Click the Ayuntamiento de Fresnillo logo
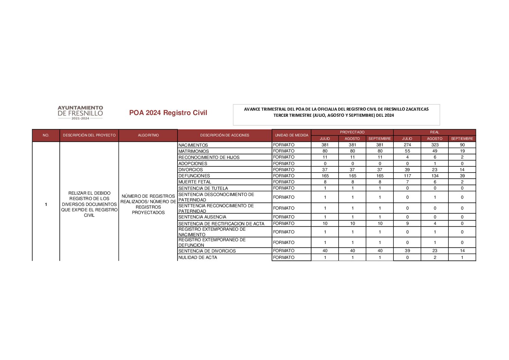tap(80, 113)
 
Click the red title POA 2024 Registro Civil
tap(168, 113)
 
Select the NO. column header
tap(46, 135)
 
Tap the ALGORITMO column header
tap(148, 135)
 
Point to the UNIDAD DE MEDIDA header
tap(291, 135)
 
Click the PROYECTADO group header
tap(352, 132)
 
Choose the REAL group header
tap(435, 132)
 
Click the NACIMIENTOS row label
tap(193, 145)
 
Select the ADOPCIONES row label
tap(193, 164)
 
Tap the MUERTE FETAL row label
tap(195, 182)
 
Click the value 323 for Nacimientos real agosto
tap(435, 145)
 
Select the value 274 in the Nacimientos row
tap(407, 145)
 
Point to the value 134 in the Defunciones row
tap(435, 176)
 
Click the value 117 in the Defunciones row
tap(407, 176)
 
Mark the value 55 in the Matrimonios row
tap(407, 151)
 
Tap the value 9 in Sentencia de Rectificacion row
tap(407, 224)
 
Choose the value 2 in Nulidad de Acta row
tap(435, 258)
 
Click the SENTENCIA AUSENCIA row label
tap(202, 217)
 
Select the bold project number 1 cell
tap(46, 204)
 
